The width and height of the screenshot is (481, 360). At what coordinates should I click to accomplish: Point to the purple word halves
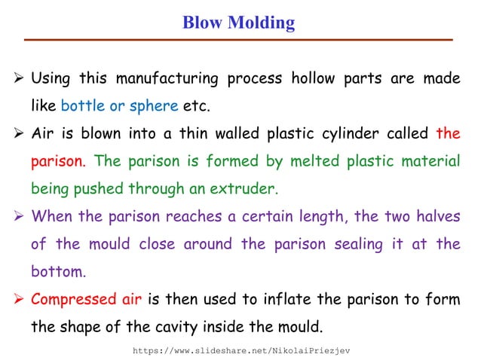pyautogui.click(x=437, y=216)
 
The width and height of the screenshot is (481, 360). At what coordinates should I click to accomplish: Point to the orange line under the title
pyautogui.click(x=240, y=39)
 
